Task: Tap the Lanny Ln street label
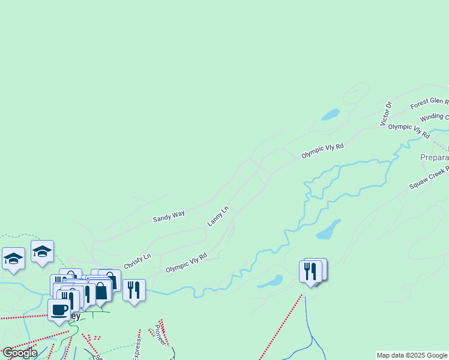pos(218,216)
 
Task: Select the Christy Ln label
pos(137,262)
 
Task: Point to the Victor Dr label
pos(386,114)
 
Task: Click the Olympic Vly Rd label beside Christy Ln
pos(186,263)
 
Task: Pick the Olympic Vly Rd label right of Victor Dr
pos(409,130)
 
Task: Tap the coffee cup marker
pos(59,310)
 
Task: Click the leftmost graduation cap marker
pos(13,259)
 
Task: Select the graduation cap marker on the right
pos(43,251)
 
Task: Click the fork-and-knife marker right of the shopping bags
pos(134,290)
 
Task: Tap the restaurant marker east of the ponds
pos(311,271)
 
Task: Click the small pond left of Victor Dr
pos(331,114)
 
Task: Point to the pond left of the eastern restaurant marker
pos(271,281)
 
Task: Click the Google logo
pos(20,353)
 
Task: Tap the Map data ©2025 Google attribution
pos(412,355)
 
